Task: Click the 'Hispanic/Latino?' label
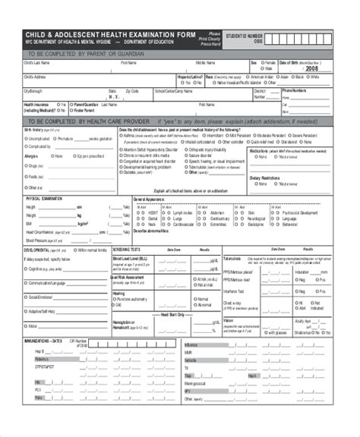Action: (190, 77)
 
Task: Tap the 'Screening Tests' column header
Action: (126, 248)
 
